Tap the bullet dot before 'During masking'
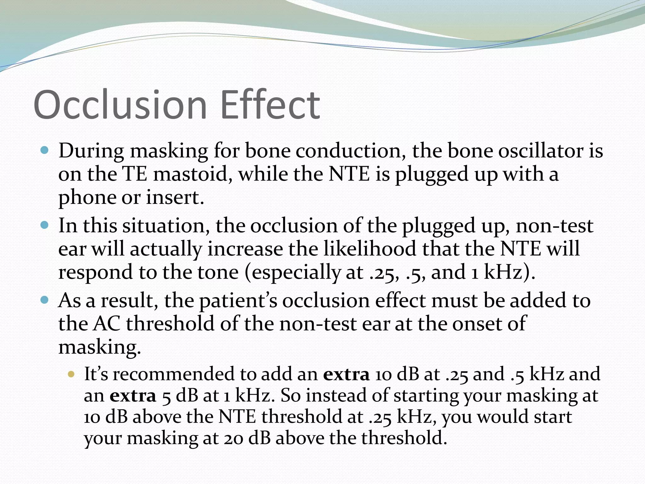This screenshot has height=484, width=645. [45, 150]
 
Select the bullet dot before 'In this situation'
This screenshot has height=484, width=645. [45, 225]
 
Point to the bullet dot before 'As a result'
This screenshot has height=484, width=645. [45, 300]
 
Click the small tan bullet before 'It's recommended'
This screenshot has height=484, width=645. [71, 374]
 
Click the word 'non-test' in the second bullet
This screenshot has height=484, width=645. [554, 226]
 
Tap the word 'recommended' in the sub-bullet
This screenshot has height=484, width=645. [174, 374]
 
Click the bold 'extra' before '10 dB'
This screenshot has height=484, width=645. [346, 374]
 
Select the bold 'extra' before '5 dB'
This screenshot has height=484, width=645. [133, 395]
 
